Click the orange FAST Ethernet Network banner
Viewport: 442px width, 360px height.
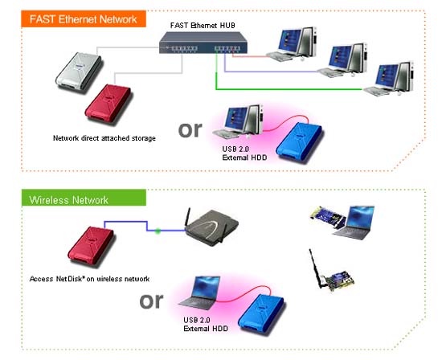pos(84,19)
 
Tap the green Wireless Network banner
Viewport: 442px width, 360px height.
pos(84,198)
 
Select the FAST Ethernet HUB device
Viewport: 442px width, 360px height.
pos(203,43)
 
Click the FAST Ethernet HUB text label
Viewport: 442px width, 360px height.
pos(203,26)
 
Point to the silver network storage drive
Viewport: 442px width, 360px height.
pos(79,71)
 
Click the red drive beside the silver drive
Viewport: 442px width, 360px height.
pos(108,103)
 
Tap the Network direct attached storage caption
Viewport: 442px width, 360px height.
pos(104,138)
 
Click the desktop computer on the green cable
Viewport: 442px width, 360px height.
pos(389,79)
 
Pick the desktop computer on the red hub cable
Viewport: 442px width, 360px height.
pos(292,44)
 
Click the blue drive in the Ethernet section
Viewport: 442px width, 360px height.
pos(299,142)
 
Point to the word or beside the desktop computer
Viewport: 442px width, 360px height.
pos(190,130)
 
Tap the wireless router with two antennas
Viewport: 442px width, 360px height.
pos(212,227)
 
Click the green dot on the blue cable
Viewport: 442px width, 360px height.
pos(158,231)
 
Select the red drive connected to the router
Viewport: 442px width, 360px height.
pos(91,246)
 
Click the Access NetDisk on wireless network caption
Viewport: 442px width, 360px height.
pos(89,279)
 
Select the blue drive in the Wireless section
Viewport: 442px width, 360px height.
pos(260,313)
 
